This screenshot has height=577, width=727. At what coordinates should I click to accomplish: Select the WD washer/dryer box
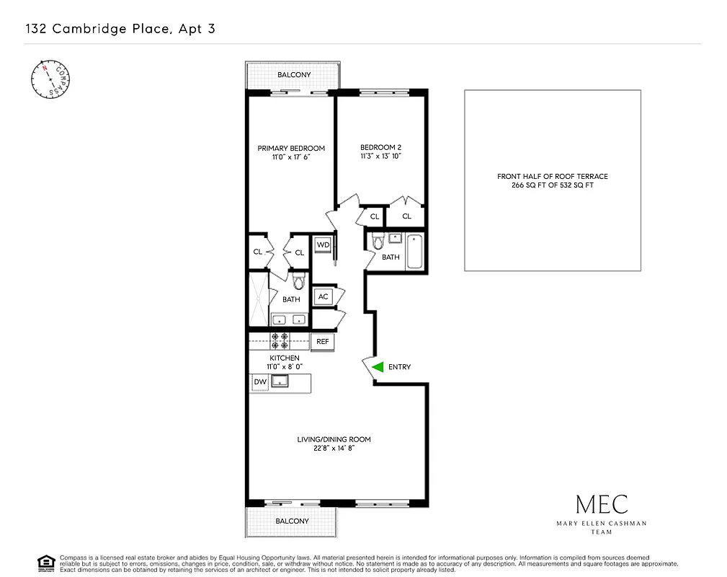click(323, 245)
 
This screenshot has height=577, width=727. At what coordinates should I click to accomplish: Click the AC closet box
click(323, 296)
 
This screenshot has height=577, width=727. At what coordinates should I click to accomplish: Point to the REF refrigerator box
click(323, 342)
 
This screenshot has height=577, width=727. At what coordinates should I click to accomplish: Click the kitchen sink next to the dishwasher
click(280, 382)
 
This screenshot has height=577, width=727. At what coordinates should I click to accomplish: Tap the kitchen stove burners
click(280, 340)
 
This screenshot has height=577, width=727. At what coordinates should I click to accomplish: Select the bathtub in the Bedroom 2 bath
click(415, 251)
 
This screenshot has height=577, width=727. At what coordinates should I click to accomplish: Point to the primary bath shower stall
click(258, 299)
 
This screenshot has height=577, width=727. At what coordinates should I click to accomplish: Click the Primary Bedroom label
click(291, 149)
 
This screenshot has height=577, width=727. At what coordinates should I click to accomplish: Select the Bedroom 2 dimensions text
click(380, 157)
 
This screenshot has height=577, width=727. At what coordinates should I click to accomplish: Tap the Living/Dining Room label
click(324, 439)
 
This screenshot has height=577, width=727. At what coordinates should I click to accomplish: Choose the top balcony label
click(294, 75)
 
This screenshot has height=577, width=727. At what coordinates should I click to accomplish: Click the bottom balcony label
click(292, 521)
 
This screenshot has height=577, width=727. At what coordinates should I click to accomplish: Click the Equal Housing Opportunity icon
click(46, 563)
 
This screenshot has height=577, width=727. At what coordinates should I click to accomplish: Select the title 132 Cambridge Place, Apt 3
click(120, 30)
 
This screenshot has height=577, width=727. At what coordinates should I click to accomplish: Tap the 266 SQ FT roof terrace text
click(553, 185)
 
